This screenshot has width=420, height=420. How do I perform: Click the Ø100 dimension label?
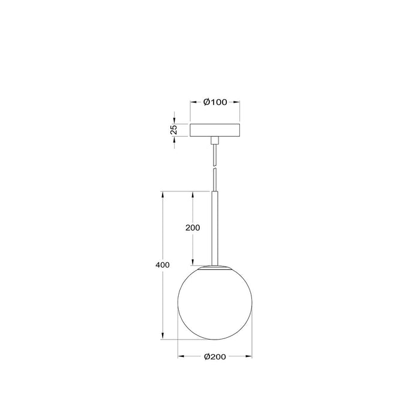click(215, 103)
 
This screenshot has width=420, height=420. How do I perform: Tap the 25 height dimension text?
click(173, 129)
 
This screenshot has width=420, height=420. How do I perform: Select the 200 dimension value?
click(193, 228)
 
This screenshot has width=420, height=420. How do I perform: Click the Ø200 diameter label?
click(215, 356)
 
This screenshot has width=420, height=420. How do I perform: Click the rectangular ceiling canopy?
click(215, 130)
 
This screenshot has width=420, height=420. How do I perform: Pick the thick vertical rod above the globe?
click(215, 228)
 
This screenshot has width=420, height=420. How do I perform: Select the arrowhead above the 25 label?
click(174, 120)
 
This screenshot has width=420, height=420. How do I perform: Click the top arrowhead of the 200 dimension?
click(193, 194)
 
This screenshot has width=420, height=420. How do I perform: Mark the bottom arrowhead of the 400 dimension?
click(162, 335)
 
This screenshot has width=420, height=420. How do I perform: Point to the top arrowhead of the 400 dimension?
click(162, 194)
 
